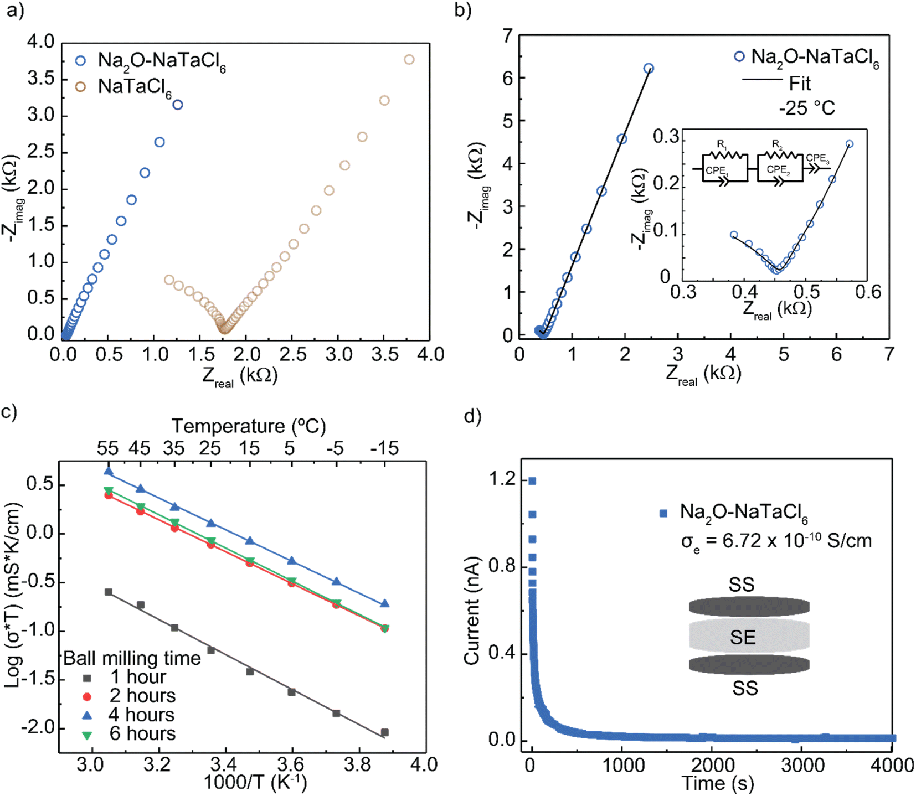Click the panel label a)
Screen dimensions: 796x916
pos(15,11)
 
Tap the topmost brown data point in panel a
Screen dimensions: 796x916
pos(409,60)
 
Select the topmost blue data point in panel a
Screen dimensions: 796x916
pos(177,105)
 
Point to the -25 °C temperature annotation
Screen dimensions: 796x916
pos(806,107)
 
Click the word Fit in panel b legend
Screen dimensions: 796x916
pos(800,84)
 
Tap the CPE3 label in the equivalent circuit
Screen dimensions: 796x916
pos(817,159)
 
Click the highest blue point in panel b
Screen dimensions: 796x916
pos(649,69)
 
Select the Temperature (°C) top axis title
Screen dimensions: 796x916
pos(248,426)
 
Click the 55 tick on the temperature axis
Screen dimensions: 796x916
pos(107,448)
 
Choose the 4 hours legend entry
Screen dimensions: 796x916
pos(142,715)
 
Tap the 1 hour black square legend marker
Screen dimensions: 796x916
pos(86,678)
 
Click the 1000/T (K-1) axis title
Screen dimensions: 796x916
pos(255,782)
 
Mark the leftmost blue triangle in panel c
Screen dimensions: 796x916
pos(109,472)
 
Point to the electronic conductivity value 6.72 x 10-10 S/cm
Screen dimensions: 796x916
pos(776,540)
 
